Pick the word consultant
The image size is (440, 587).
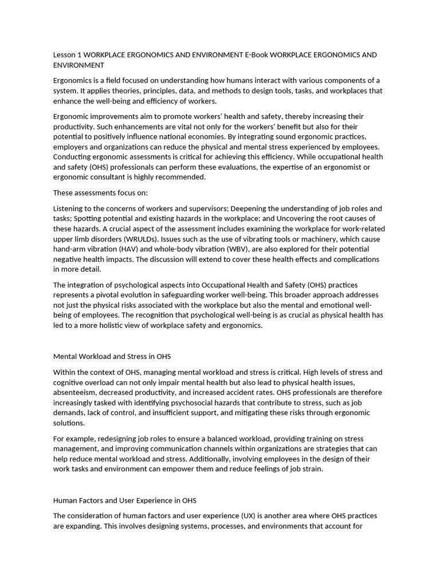point(112,177)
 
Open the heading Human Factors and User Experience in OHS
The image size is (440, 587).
point(125,500)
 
